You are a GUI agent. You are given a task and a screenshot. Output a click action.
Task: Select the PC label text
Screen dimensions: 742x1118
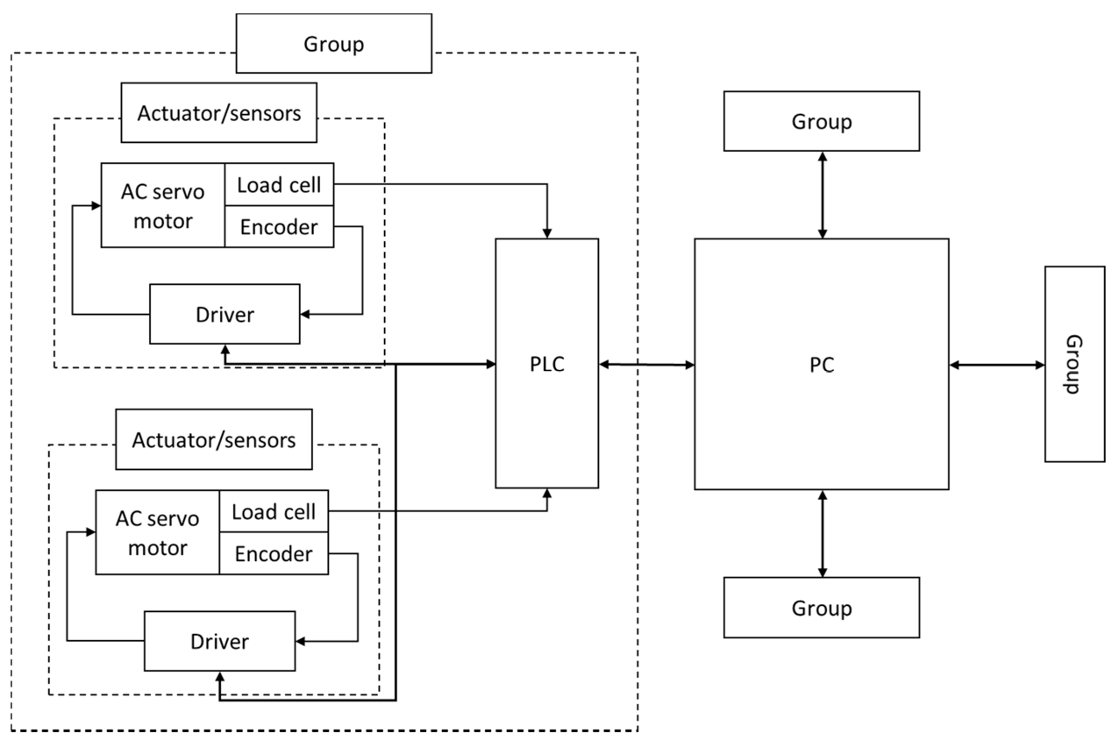pos(821,365)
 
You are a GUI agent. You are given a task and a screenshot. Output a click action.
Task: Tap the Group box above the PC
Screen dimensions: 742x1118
pos(821,121)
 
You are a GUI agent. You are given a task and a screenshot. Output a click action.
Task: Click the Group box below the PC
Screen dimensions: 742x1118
pos(821,607)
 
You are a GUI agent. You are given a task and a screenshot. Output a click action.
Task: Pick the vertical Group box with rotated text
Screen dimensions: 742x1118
pos(1074,364)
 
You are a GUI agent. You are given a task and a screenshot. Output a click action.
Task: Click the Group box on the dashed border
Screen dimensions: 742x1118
pos(334,44)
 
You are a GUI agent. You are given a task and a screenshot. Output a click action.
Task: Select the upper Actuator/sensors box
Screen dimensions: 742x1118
pos(218,112)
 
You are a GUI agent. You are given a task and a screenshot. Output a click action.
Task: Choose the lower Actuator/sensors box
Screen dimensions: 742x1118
pos(213,440)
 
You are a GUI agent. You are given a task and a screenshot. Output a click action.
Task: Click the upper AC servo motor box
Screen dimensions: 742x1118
pos(163,206)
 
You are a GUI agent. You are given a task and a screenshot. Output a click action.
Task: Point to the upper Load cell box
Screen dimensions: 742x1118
pos(279,185)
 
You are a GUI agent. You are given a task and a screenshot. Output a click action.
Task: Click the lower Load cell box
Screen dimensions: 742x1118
pos(273,511)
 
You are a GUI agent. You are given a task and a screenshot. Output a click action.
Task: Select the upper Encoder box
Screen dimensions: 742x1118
pos(279,226)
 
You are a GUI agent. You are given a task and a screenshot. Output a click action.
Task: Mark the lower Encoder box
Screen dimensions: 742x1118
pos(273,553)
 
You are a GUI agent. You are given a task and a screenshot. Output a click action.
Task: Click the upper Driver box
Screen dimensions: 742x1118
pos(224,314)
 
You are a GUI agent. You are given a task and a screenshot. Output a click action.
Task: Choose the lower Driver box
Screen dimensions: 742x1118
pos(219,641)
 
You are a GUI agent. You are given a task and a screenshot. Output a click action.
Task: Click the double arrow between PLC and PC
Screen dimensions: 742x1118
pos(646,364)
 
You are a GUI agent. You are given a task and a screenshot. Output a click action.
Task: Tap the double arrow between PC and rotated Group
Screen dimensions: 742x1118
pos(996,365)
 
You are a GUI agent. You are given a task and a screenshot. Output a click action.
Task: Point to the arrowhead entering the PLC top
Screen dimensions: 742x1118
pos(547,233)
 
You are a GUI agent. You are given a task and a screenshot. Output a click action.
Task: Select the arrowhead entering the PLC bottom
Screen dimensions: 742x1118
pos(547,494)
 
